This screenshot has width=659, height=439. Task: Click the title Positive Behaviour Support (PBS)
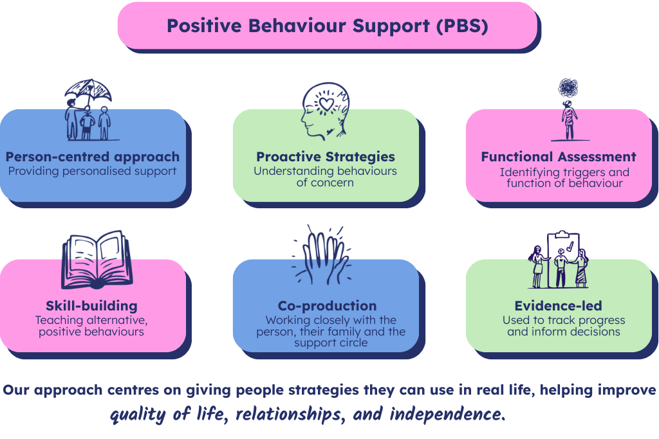[x=327, y=26]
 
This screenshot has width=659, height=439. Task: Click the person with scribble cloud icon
[x=569, y=110]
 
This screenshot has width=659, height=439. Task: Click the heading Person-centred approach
[x=93, y=157]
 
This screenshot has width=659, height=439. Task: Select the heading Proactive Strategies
[x=326, y=157]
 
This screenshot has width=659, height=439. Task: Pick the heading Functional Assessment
[x=559, y=157]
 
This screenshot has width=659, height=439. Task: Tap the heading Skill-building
[x=91, y=305]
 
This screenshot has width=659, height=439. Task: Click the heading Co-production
[x=327, y=305]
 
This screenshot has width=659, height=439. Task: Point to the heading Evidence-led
[x=559, y=305]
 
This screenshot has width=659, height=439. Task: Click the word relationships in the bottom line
[x=288, y=414]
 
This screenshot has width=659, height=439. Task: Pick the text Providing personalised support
[x=91, y=172]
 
